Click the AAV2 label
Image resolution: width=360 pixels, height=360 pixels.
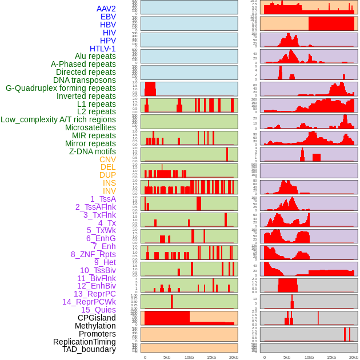click(x=106, y=9)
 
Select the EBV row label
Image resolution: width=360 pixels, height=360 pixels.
click(x=107, y=17)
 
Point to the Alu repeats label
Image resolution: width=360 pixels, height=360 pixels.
click(x=95, y=57)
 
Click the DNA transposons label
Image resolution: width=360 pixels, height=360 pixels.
click(x=84, y=81)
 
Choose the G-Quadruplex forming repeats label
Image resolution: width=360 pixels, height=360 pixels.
click(x=61, y=89)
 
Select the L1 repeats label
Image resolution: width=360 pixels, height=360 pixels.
click(x=96, y=104)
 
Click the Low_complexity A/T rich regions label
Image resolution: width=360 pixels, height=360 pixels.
click(x=58, y=120)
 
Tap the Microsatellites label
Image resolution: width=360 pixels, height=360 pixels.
click(x=90, y=128)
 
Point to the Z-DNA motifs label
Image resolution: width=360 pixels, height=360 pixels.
click(x=92, y=151)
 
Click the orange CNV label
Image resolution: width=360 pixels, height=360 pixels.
click(x=107, y=159)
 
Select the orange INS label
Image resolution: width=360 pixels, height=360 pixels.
click(x=109, y=183)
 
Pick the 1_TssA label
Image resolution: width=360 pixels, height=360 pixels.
click(x=103, y=199)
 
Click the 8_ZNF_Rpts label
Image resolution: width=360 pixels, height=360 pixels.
click(x=93, y=254)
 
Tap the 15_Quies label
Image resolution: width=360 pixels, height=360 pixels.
click(x=98, y=310)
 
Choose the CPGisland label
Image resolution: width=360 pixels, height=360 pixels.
click(x=97, y=318)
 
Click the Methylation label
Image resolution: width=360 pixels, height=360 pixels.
click(x=95, y=326)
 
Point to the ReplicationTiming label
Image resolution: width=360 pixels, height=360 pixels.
click(x=84, y=342)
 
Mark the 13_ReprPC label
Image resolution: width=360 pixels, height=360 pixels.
click(x=94, y=294)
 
